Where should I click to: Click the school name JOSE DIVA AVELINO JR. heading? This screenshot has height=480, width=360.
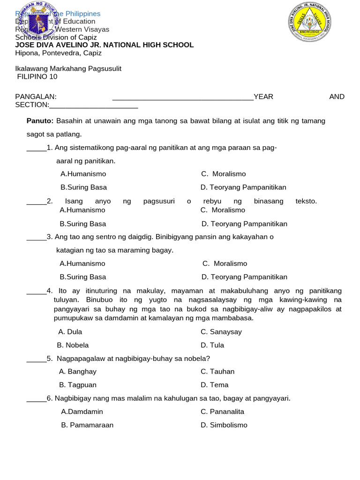(104, 45)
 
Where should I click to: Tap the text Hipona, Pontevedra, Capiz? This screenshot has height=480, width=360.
(58, 53)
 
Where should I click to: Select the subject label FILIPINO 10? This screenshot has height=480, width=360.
(37, 77)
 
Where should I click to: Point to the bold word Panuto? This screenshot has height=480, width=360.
(40, 121)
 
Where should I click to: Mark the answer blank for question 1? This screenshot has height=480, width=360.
(36, 149)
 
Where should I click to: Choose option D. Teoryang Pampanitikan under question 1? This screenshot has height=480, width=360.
(243, 187)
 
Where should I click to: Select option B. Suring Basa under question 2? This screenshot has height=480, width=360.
(83, 224)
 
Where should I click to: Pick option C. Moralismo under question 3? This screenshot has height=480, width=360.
(225, 264)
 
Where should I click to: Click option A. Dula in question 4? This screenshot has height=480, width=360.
(70, 332)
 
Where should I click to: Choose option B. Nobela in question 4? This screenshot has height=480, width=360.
(73, 345)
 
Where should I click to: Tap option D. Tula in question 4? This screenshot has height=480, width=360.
(212, 345)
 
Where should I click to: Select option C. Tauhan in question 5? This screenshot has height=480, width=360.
(217, 372)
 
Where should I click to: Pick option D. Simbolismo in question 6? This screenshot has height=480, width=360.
(224, 425)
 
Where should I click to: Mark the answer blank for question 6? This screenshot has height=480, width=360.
(36, 399)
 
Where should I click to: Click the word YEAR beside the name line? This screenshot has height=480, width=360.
(263, 97)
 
